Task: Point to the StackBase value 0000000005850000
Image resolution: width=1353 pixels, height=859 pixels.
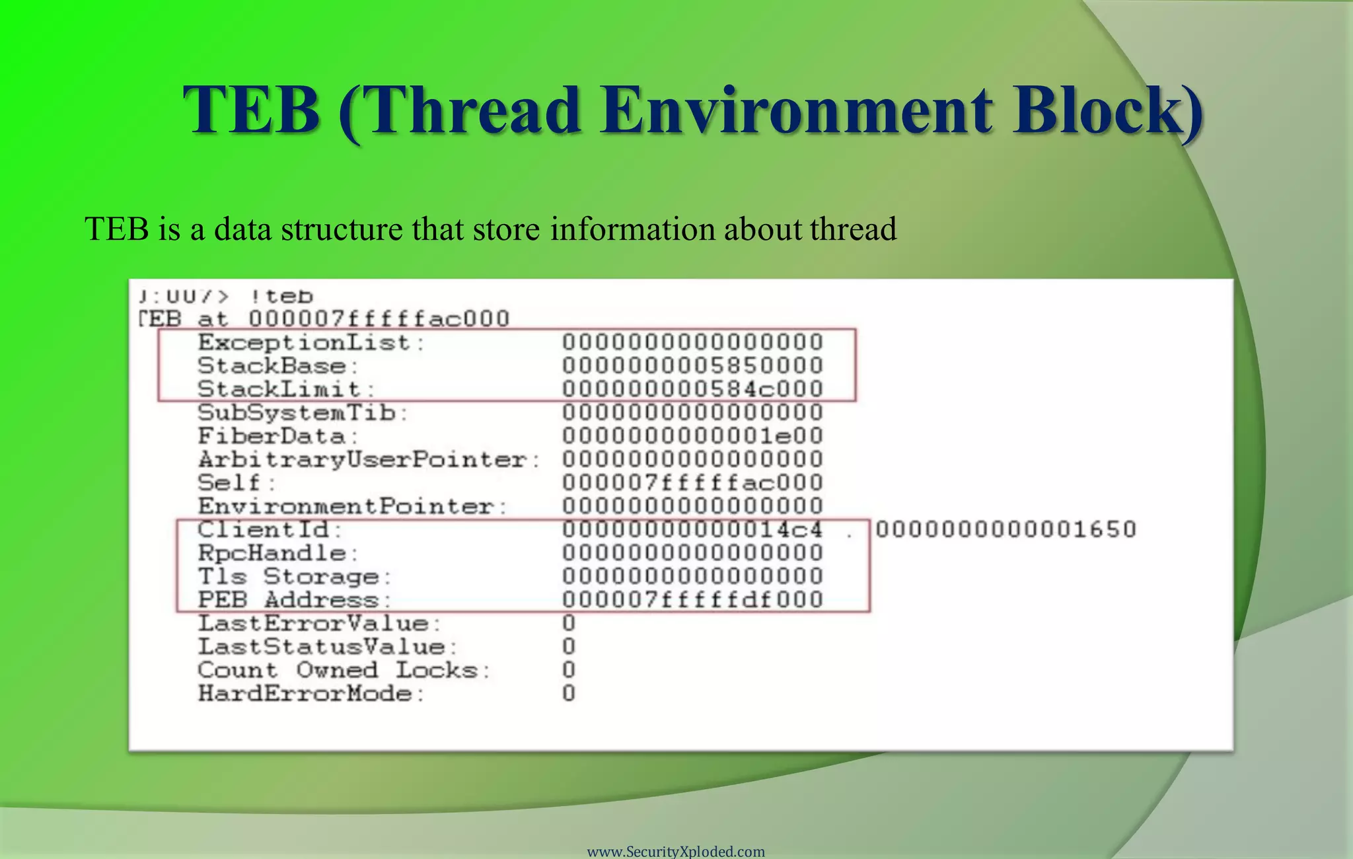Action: [692, 365]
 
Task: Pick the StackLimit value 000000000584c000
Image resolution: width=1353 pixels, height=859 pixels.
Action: [692, 389]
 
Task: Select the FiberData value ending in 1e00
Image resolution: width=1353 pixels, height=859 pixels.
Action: [692, 436]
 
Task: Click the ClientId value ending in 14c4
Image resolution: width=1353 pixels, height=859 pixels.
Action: [692, 529]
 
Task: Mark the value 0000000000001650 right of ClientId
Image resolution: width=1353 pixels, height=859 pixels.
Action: [1006, 529]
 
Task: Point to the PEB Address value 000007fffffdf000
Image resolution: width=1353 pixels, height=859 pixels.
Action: [692, 600]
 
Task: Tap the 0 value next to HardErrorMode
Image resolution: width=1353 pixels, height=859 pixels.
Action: [569, 693]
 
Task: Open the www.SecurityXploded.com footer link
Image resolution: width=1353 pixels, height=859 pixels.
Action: [676, 851]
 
